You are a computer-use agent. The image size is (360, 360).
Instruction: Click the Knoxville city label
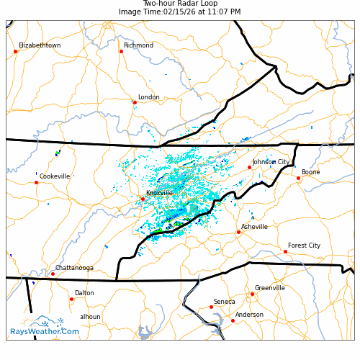tap(159, 193)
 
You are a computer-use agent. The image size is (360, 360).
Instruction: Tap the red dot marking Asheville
tap(238, 232)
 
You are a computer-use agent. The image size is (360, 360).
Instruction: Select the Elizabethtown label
tap(40, 45)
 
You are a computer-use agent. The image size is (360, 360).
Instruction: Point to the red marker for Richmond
tap(121, 51)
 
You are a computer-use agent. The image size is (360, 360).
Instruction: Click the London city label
tap(148, 97)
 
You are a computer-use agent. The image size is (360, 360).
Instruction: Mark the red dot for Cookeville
tap(36, 182)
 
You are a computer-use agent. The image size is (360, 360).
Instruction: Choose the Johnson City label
tap(271, 162)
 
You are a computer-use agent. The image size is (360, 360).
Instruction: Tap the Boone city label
tap(310, 172)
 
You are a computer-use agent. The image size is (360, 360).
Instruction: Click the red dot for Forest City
tap(285, 251)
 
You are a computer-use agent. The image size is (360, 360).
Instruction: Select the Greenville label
tap(269, 288)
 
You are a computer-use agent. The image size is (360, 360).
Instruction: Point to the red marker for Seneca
tap(211, 307)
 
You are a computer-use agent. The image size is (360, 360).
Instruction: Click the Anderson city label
tap(249, 315)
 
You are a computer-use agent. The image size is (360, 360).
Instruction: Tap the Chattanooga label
tap(74, 268)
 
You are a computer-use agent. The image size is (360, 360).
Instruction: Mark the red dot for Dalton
tap(71, 299)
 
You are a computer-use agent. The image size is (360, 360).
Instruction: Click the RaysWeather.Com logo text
tap(45, 331)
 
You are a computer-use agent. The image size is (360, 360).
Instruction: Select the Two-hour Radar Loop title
tap(180, 4)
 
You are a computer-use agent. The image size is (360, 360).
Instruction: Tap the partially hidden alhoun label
tap(90, 317)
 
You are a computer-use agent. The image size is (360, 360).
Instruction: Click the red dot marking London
tap(135, 102)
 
